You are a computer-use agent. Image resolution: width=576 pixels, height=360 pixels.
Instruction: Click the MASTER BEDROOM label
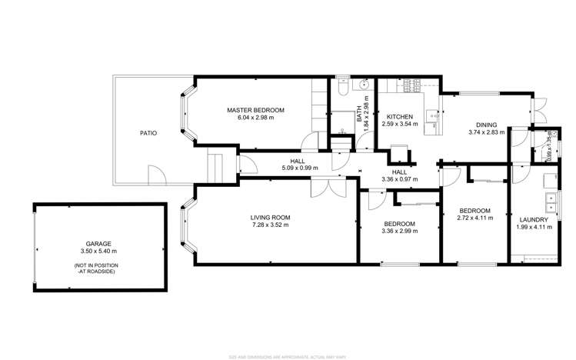click(255, 110)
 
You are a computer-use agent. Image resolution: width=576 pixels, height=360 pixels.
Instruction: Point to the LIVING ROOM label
click(270, 218)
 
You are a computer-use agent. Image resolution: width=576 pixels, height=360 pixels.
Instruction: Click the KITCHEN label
click(400, 116)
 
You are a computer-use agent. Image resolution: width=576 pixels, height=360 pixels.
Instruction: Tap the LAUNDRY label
click(534, 219)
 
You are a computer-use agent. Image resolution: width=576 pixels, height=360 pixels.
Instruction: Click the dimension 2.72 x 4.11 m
click(475, 218)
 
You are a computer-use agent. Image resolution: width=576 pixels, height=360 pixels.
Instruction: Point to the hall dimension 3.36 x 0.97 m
click(399, 179)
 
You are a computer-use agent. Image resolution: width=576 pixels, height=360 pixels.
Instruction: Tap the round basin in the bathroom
click(365, 85)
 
